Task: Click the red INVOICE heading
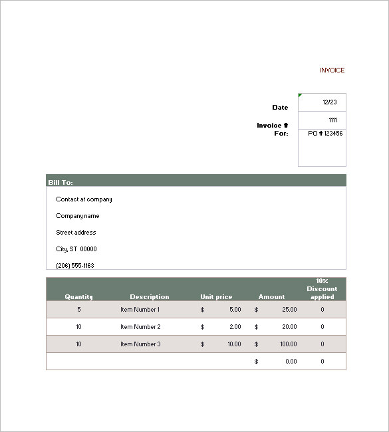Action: (x=332, y=70)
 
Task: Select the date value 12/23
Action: (x=329, y=102)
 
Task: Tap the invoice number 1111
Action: (x=332, y=120)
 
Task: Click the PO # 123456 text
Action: (x=325, y=134)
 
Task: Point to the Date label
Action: (x=280, y=108)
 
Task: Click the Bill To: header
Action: (x=61, y=182)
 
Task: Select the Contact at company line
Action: (x=84, y=199)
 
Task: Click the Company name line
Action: (x=78, y=216)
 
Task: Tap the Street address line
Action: (x=76, y=233)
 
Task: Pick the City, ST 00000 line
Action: (x=76, y=249)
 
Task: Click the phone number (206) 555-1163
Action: (x=75, y=266)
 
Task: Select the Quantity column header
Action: (x=78, y=297)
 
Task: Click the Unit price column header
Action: (x=216, y=297)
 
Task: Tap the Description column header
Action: (x=149, y=297)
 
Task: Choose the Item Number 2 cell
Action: (x=140, y=327)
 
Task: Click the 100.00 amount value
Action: (x=288, y=344)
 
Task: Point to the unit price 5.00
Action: (x=235, y=310)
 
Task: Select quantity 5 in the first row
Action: (x=78, y=310)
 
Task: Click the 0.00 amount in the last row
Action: (x=291, y=362)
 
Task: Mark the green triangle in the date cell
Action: (x=301, y=96)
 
